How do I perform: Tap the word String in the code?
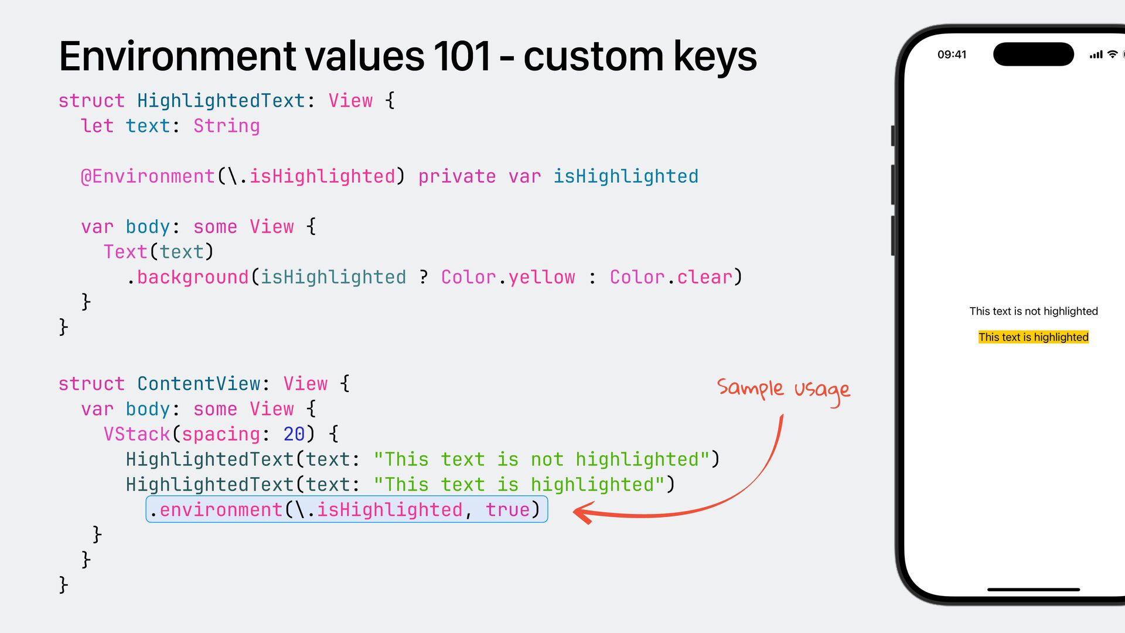[226, 126]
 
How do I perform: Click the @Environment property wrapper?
[148, 176]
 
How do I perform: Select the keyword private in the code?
[456, 176]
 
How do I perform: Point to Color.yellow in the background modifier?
[507, 277]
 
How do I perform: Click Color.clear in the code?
[671, 277]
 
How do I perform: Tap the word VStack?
[137, 434]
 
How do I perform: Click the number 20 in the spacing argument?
[294, 434]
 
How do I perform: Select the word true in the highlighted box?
[507, 510]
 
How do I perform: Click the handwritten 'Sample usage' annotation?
[783, 390]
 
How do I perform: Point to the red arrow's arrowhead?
[582, 513]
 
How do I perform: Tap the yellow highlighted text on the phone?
[1033, 337]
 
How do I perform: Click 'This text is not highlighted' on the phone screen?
[1033, 311]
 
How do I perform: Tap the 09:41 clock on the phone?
[952, 55]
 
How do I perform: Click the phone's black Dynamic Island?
[1033, 55]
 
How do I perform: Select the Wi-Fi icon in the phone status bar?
[1112, 55]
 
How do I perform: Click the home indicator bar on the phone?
[1033, 589]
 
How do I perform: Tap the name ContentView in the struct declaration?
[199, 384]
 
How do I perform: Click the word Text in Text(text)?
[125, 252]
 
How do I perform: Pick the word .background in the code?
[189, 277]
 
